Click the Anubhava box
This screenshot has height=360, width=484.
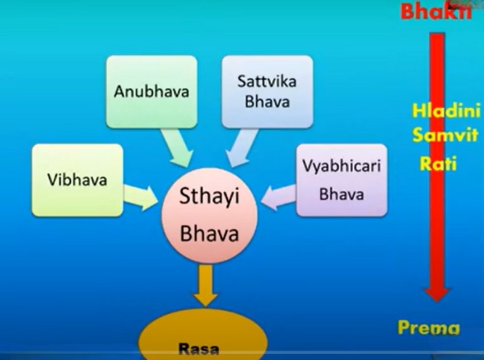pyautogui.click(x=152, y=92)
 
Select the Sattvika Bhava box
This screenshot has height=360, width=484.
pyautogui.click(x=267, y=92)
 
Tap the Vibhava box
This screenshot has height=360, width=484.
pyautogui.click(x=78, y=180)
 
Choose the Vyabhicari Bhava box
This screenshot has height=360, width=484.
pyautogui.click(x=341, y=180)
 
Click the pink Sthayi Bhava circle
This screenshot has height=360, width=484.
pyautogui.click(x=210, y=215)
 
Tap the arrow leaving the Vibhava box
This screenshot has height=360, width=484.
pyautogui.click(x=141, y=198)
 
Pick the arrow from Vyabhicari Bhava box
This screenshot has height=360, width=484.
pyautogui.click(x=278, y=198)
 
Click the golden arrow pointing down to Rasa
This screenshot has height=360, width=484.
pyautogui.click(x=205, y=286)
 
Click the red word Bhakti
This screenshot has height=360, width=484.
pyautogui.click(x=436, y=12)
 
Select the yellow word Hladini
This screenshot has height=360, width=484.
pyautogui.click(x=446, y=110)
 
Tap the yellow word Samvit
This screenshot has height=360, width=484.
pyautogui.click(x=445, y=135)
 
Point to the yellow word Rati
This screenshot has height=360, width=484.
pyautogui.click(x=438, y=163)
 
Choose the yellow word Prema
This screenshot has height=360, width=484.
pyautogui.click(x=428, y=327)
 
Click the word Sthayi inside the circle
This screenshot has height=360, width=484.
pyautogui.click(x=210, y=196)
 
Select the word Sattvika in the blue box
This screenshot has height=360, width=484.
pyautogui.click(x=267, y=81)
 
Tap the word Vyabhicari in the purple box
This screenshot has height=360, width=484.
pyautogui.click(x=341, y=166)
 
